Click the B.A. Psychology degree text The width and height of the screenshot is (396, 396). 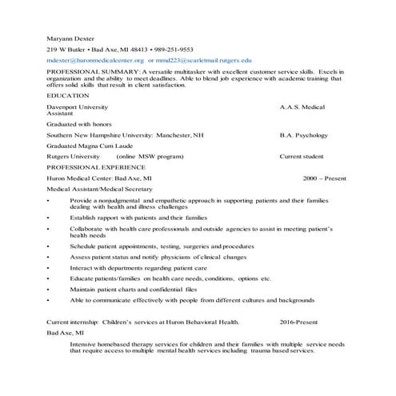pyautogui.click(x=304, y=135)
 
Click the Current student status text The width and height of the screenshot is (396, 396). pyautogui.click(x=302, y=157)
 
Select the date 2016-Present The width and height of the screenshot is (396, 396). pyautogui.click(x=303, y=321)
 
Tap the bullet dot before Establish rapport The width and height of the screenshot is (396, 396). pyautogui.click(x=49, y=217)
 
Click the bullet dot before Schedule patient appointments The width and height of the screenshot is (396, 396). pyautogui.click(x=49, y=246)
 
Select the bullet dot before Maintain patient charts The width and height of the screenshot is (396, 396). pyautogui.click(x=49, y=288)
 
